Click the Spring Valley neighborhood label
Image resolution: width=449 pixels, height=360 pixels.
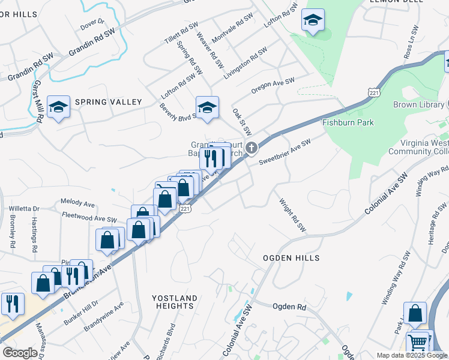point(108,102)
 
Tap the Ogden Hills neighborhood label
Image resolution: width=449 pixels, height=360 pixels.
point(291,257)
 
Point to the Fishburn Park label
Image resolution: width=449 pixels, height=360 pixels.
point(348,122)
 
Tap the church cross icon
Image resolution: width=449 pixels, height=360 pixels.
point(253,147)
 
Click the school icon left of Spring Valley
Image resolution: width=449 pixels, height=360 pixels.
point(58,107)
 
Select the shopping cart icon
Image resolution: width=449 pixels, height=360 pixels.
point(418,343)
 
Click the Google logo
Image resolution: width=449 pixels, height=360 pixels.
point(20,353)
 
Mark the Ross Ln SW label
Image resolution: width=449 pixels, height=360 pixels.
point(411,41)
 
